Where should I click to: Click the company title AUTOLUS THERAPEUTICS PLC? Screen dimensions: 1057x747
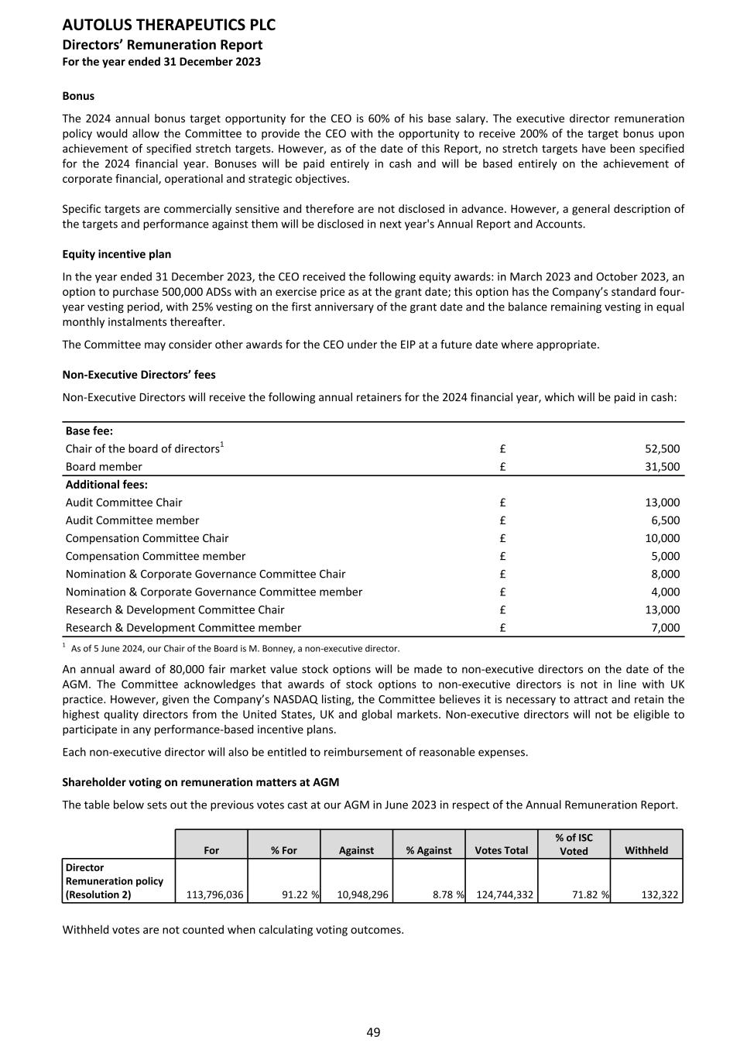coord(169,26)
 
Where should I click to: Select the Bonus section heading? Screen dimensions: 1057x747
coord(78,96)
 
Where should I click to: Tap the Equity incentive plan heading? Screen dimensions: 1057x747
coord(117,254)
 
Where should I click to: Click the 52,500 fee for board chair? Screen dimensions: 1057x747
coord(662,448)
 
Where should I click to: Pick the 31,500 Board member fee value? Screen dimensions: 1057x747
coord(662,466)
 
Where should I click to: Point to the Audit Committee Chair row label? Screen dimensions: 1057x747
coord(124,502)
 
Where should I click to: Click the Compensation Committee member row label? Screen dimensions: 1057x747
coord(156,556)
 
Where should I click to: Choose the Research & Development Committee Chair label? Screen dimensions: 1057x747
coord(175,609)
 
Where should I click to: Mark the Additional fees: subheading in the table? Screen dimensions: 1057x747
coord(107,484)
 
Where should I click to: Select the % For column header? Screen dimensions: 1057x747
coord(284,850)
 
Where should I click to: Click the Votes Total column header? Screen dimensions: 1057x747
coord(501,850)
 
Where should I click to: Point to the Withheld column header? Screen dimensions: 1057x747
coord(646,850)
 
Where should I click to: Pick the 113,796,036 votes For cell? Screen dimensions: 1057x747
coord(215,894)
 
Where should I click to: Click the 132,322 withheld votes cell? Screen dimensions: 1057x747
coord(660,894)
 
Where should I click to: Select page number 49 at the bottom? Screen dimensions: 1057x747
coord(373,1032)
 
